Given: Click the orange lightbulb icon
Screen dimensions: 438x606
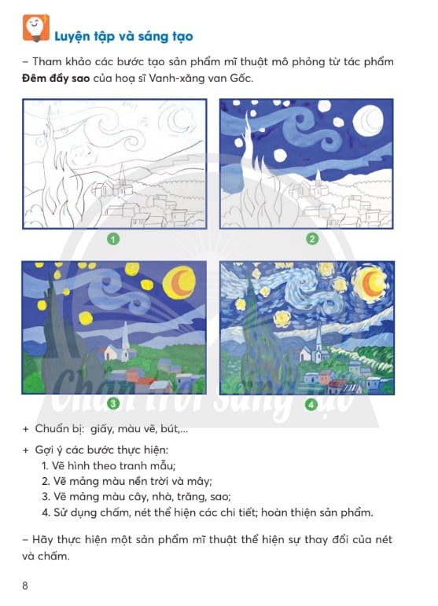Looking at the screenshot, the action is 36,28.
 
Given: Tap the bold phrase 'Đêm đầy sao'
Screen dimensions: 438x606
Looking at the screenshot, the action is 56,78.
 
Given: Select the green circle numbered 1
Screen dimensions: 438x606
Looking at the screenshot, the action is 113,239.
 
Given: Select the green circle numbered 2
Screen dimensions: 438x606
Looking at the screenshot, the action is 312,239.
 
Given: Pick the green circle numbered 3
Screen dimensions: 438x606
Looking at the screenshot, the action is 113,404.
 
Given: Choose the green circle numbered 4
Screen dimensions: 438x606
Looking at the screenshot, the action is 311,405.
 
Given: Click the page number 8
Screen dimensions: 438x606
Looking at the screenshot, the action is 25,586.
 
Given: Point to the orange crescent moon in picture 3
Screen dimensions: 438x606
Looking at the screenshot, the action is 179,282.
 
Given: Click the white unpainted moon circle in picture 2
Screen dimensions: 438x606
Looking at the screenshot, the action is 369,120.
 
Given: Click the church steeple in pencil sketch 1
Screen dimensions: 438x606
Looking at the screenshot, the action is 122,176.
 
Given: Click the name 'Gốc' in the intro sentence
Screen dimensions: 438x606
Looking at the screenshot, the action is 241,78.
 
